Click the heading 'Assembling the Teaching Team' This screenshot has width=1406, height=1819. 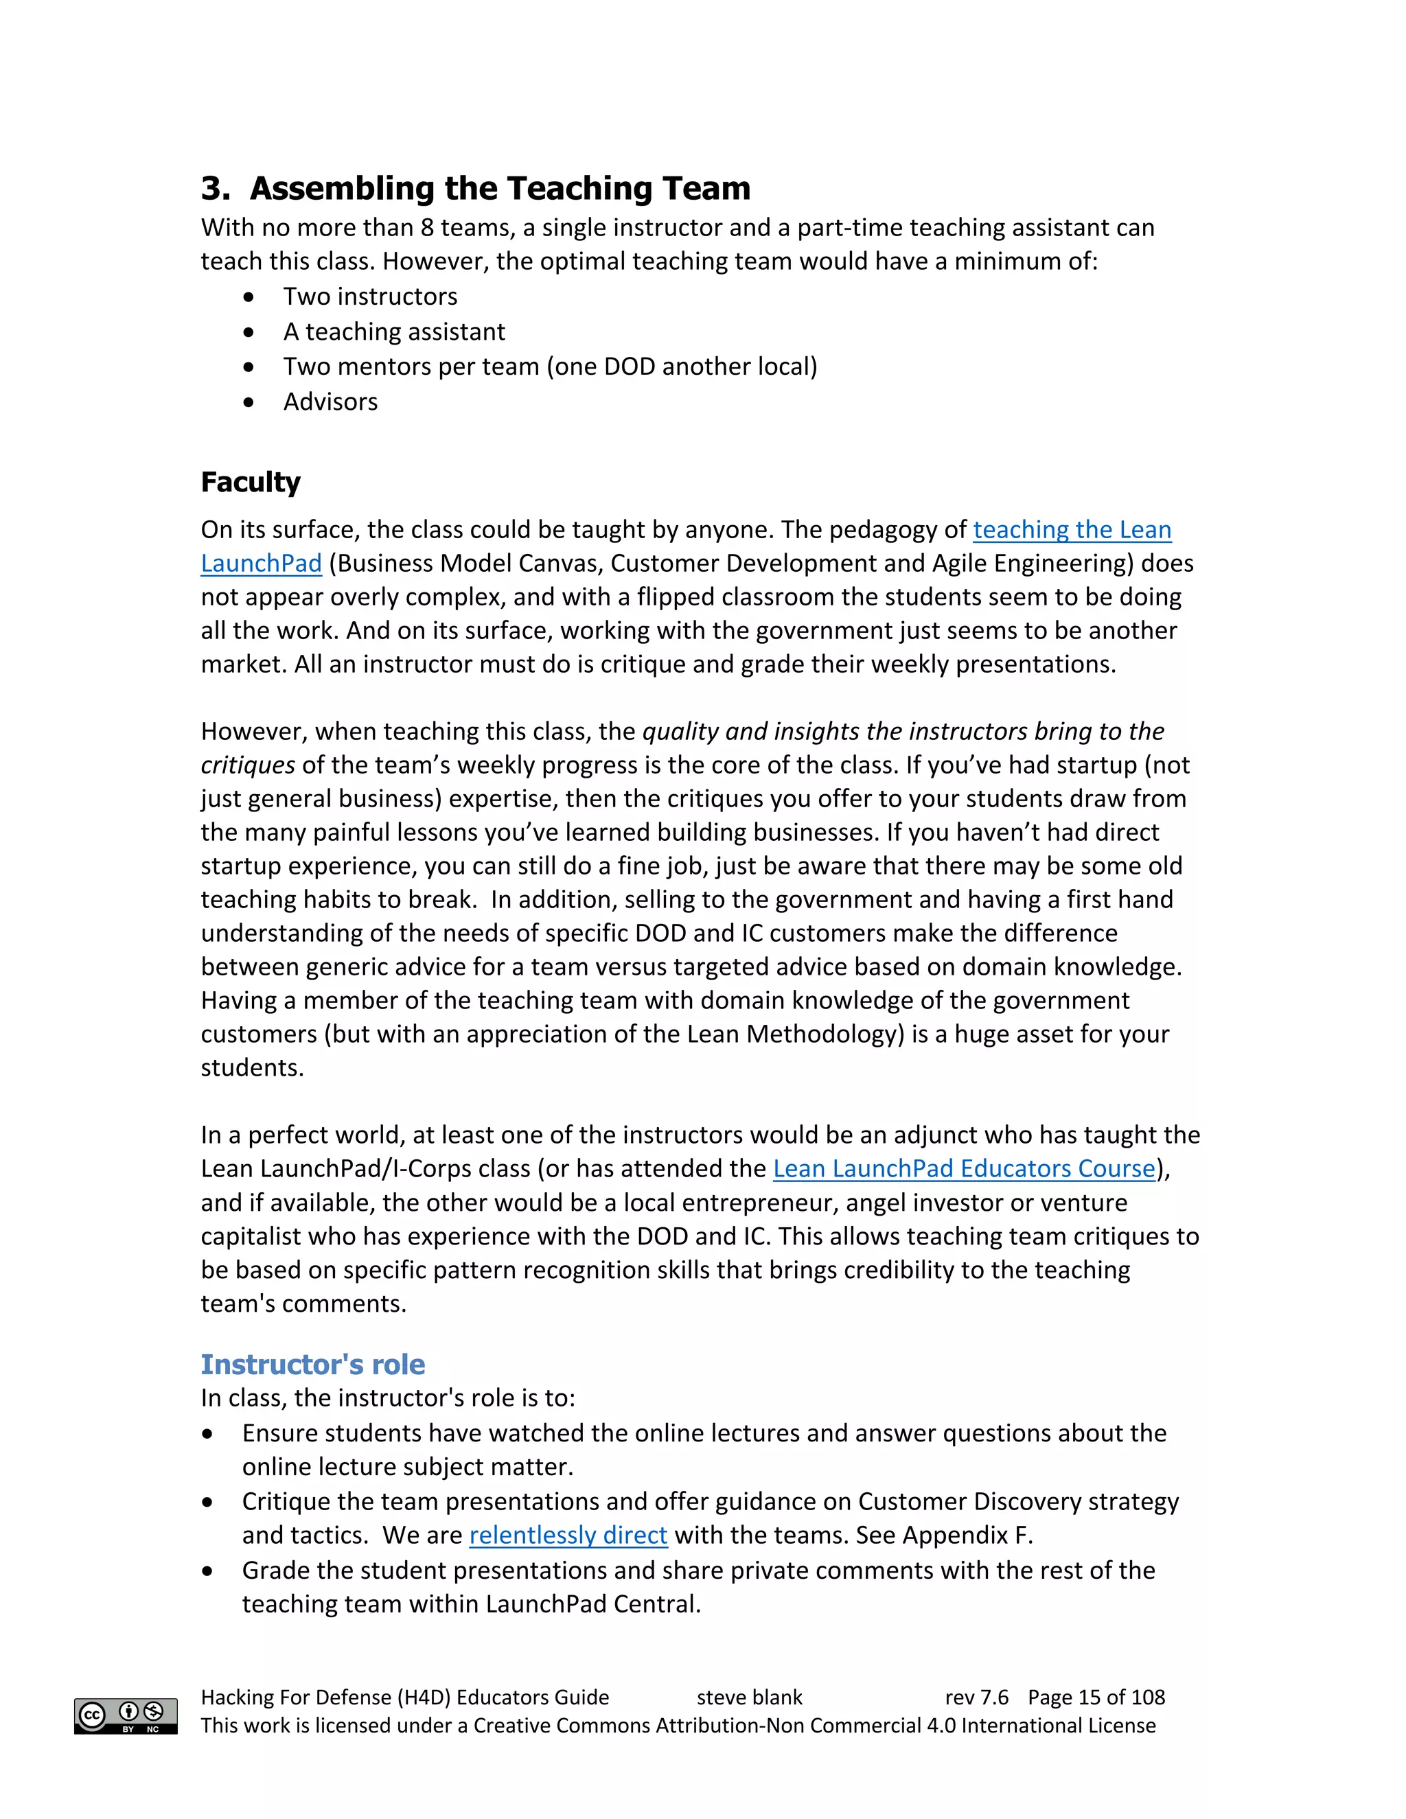click(x=499, y=188)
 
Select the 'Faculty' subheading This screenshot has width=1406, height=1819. click(x=250, y=483)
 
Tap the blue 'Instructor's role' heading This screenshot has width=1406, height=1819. click(x=312, y=1365)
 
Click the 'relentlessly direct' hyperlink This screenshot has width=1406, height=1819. click(x=568, y=1535)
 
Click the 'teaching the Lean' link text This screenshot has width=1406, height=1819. click(x=1071, y=530)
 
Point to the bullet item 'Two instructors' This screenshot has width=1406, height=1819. click(x=370, y=297)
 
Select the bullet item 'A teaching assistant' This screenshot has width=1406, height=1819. click(x=394, y=332)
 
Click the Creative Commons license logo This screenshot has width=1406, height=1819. click(x=126, y=1716)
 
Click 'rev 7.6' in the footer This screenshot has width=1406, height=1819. click(x=976, y=1698)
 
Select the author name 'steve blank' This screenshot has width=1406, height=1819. click(x=749, y=1698)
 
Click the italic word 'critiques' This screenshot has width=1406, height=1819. click(x=247, y=765)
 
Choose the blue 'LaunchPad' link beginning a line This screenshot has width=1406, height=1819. click(x=261, y=564)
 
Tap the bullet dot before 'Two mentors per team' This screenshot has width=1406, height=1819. click(x=249, y=367)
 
